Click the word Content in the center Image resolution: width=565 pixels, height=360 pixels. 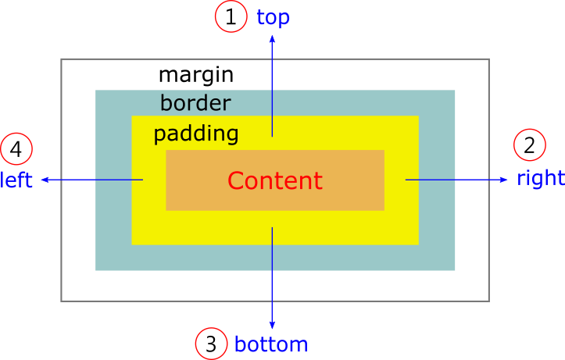(x=274, y=181)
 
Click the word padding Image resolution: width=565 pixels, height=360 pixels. (x=195, y=134)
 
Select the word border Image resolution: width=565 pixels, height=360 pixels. (x=195, y=103)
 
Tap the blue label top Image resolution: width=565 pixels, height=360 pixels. (x=273, y=17)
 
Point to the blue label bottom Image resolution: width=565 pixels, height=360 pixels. (x=271, y=344)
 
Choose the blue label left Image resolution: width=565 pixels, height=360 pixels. (x=16, y=181)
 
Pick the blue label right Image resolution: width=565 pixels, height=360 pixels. (x=540, y=178)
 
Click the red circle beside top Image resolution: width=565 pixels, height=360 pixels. (x=231, y=16)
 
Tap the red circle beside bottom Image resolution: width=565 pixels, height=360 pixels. (x=211, y=344)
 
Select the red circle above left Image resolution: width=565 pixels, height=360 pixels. (x=16, y=148)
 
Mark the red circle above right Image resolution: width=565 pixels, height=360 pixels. (x=529, y=144)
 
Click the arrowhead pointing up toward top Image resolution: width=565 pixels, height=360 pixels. (x=272, y=39)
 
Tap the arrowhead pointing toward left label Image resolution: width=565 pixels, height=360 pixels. (x=45, y=180)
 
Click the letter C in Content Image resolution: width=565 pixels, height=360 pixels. (x=235, y=181)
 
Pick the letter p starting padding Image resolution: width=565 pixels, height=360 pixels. (x=159, y=135)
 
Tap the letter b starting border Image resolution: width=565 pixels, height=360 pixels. (x=166, y=103)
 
